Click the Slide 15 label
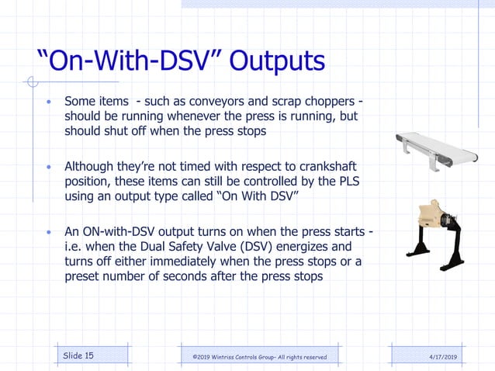click(x=78, y=355)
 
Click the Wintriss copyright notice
click(x=259, y=356)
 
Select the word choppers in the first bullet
click(x=323, y=102)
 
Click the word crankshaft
click(x=332, y=167)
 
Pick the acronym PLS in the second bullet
click(x=353, y=182)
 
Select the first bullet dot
click(x=49, y=102)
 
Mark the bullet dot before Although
click(x=49, y=168)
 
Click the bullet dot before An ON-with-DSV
click(x=49, y=233)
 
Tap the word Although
click(x=92, y=167)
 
